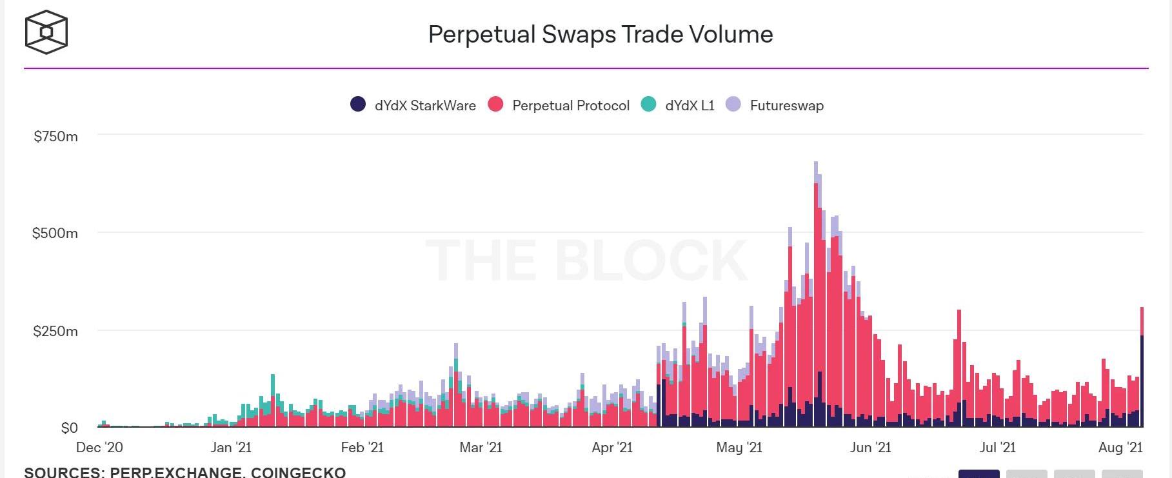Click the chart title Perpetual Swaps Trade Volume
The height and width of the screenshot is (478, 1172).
point(601,34)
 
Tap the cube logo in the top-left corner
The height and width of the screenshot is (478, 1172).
point(46,32)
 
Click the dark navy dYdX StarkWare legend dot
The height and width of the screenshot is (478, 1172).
point(358,104)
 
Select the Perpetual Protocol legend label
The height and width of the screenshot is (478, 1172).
point(570,105)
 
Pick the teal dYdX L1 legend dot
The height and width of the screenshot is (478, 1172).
point(648,104)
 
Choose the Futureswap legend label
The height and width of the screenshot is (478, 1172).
point(786,105)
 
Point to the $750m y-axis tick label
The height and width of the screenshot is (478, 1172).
point(56,136)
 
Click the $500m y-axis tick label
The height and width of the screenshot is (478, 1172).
point(55,233)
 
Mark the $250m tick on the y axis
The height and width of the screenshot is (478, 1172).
point(55,331)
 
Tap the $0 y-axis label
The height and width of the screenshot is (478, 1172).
point(69,428)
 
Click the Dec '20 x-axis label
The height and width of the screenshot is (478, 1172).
point(99,447)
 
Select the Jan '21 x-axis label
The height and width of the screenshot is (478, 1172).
point(231,447)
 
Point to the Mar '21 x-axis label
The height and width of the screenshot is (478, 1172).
point(481,447)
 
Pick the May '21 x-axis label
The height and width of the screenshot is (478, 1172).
point(739,447)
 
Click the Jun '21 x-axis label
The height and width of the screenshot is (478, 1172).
point(870,447)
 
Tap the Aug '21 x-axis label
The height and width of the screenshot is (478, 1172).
point(1120,447)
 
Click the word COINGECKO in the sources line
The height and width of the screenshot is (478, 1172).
point(298,472)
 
